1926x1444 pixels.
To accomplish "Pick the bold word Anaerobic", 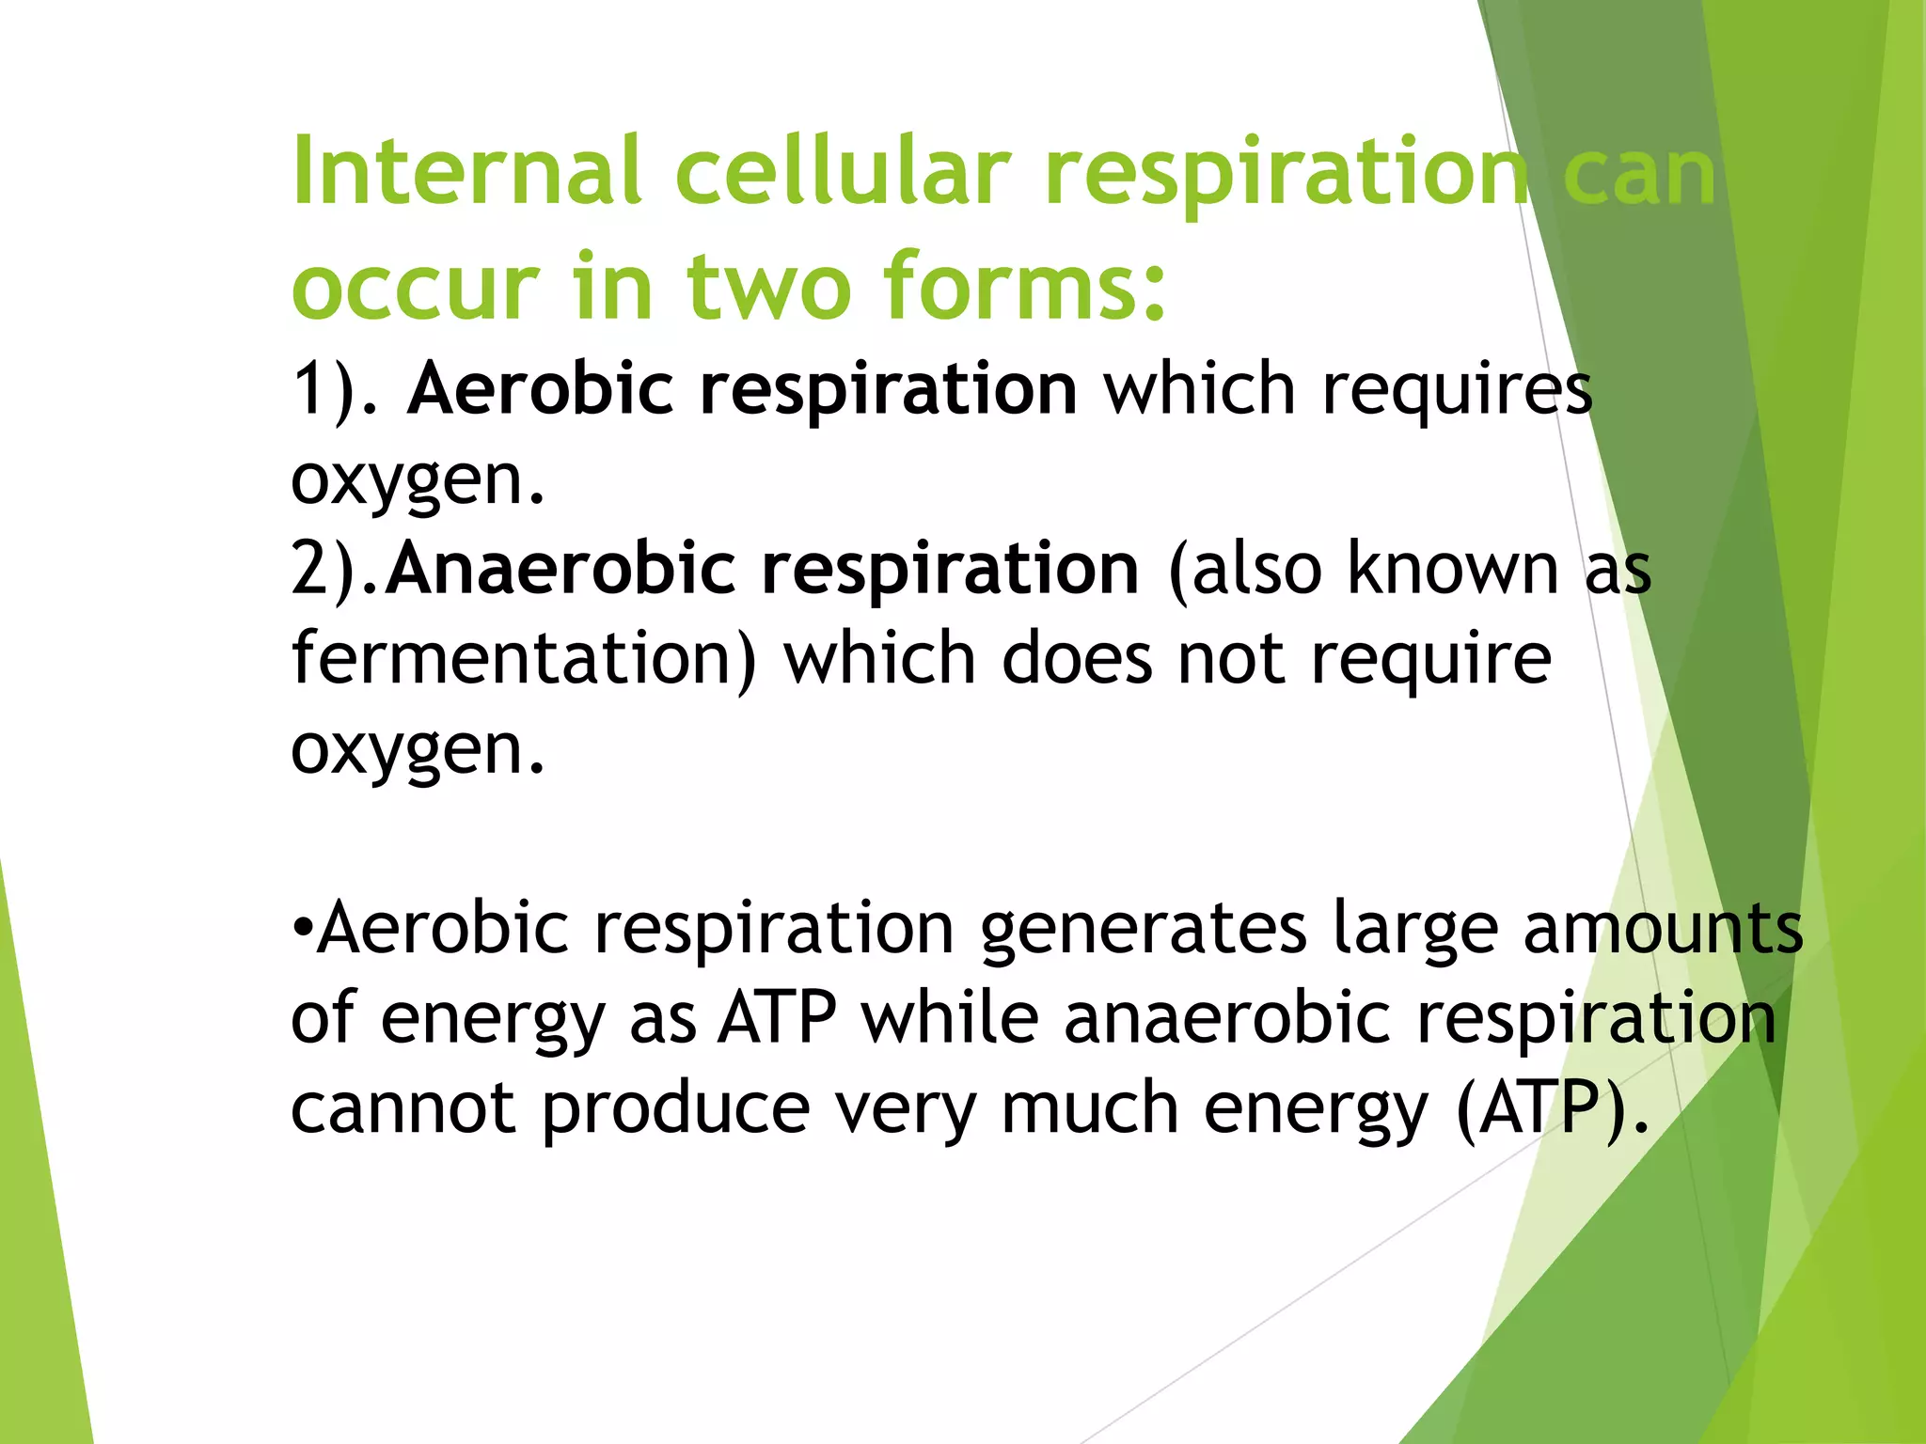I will tap(560, 569).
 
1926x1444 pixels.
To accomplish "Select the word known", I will tap(1453, 569).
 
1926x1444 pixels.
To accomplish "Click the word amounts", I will tap(1663, 929).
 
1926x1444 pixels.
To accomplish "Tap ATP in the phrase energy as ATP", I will tap(776, 1018).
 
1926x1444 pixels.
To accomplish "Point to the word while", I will tap(950, 1018).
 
